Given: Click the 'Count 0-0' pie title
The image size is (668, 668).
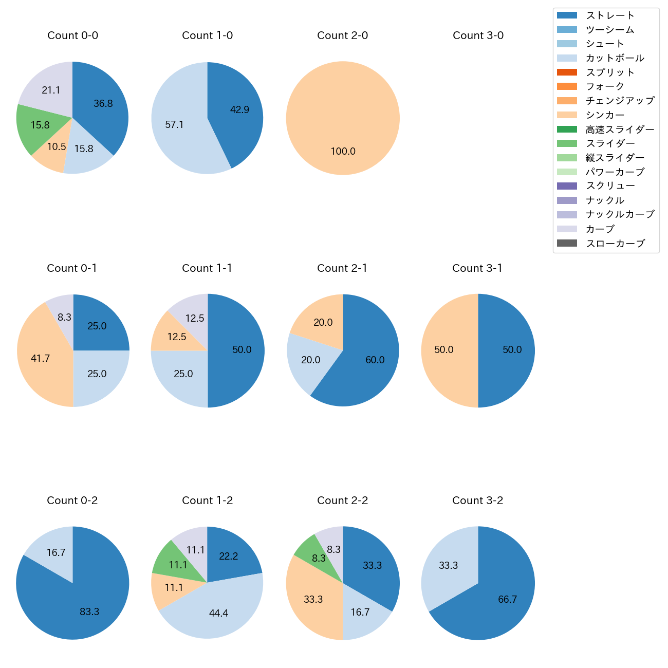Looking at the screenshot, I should point(72,35).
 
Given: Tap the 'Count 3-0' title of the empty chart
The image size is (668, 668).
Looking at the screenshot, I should point(478,35).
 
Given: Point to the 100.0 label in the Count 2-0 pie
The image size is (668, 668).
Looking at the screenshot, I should point(343,152).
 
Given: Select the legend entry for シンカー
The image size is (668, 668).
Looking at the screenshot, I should point(605,115).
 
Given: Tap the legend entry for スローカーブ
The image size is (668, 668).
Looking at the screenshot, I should point(615,244).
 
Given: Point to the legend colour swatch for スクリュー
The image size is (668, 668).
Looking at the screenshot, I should point(567,186).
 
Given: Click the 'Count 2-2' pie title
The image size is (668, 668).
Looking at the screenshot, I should point(343,500).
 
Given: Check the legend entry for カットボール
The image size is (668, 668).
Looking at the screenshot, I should point(615,58).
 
